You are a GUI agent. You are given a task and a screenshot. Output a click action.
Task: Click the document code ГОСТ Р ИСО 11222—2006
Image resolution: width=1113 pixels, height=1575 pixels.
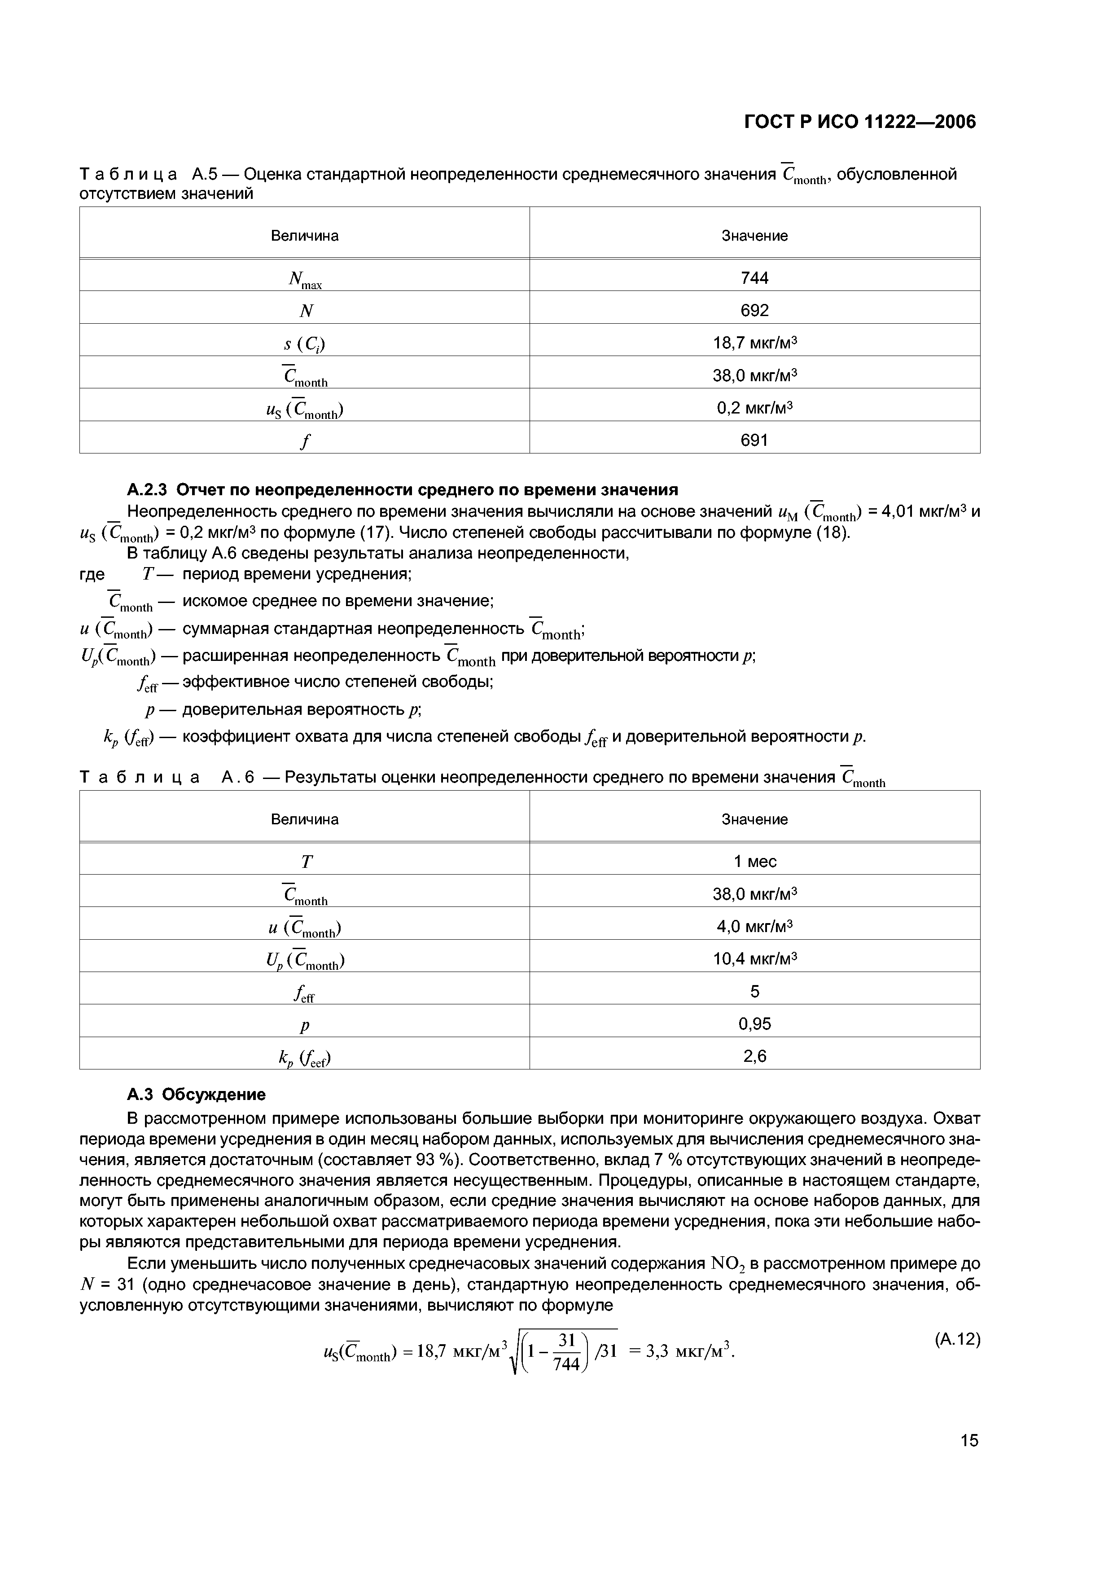coord(859,122)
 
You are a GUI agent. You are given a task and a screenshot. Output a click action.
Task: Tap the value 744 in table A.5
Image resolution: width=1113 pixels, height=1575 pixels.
coord(754,278)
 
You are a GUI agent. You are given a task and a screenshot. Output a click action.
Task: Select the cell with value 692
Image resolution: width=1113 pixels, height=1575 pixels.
coord(754,311)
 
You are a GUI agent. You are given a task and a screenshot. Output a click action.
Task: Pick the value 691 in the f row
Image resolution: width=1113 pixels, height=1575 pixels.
coord(754,440)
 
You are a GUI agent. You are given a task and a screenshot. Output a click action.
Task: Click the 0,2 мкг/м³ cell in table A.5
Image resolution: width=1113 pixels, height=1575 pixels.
coord(754,408)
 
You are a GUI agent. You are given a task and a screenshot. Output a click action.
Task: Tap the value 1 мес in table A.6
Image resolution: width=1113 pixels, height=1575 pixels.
coord(754,862)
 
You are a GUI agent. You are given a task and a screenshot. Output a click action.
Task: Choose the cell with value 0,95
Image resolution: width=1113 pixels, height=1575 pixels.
coord(754,1024)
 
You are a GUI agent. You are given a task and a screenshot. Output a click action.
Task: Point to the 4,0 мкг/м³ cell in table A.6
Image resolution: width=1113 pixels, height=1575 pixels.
coord(754,927)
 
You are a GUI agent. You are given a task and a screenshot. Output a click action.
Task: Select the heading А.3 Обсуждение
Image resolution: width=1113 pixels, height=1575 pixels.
coord(196,1094)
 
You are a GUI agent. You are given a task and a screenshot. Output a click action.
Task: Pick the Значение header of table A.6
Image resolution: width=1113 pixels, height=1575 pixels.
coord(754,819)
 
